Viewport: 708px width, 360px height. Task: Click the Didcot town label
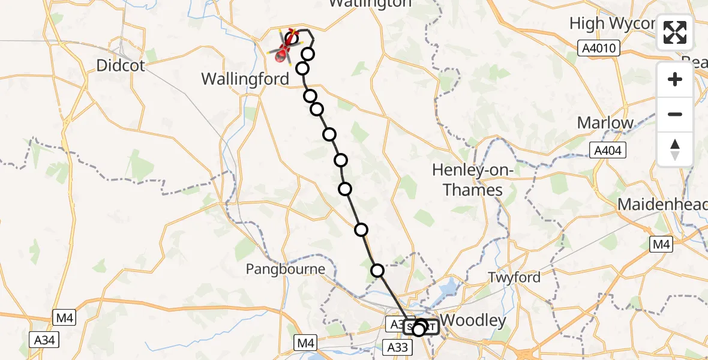[121, 65]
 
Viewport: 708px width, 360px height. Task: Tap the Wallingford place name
[245, 79]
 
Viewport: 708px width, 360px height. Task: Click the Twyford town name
[514, 277]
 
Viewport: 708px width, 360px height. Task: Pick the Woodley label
[473, 320]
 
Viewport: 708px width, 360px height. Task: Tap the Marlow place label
[605, 123]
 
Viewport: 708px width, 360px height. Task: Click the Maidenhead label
[662, 205]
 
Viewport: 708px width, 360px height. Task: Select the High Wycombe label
[612, 23]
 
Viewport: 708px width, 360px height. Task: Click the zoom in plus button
[675, 79]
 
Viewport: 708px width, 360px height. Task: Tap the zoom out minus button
[675, 114]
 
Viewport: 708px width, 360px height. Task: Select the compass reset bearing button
[675, 149]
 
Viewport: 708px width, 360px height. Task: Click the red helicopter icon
[285, 49]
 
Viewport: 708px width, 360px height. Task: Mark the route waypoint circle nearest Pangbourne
[377, 271]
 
